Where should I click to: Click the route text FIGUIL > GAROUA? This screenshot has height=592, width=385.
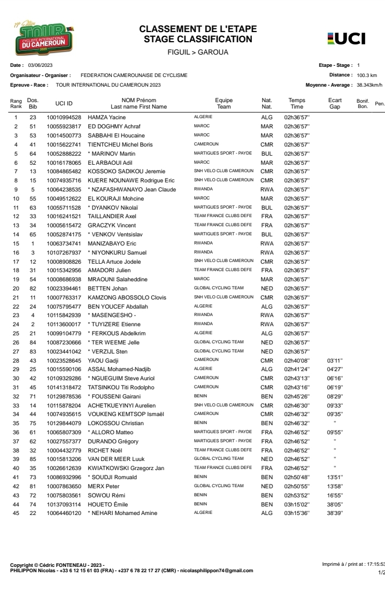coord(198,52)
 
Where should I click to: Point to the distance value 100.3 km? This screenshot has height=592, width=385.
coord(367,75)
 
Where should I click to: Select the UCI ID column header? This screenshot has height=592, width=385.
coord(64,103)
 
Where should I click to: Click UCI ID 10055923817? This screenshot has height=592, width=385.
coord(64,126)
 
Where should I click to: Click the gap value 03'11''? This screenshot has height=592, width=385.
coord(334,361)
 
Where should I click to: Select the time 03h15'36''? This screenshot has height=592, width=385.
coord(296,513)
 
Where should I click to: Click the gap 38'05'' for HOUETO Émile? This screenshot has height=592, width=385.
coord(334,504)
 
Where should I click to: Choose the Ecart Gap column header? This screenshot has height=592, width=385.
coord(335,103)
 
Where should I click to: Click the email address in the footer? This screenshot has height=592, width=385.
coord(223,570)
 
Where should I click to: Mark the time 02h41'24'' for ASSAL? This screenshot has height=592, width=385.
coord(296,370)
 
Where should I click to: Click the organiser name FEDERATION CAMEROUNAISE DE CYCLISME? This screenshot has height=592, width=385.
coord(134,75)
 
